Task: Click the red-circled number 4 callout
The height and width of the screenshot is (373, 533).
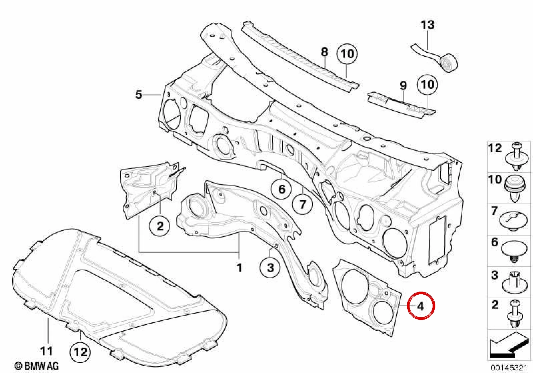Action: [421, 306]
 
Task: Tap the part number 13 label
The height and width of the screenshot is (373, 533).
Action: [427, 25]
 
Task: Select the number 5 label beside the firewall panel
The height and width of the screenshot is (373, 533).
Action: [139, 95]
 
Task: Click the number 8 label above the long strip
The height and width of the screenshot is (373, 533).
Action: [324, 52]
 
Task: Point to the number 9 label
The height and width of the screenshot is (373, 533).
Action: [403, 86]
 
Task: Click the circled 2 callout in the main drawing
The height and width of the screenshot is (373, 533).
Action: [160, 226]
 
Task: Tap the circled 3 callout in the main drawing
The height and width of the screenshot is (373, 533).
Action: [271, 268]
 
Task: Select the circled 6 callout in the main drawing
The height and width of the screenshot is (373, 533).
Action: [282, 190]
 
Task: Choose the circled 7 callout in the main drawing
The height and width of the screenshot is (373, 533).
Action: [303, 204]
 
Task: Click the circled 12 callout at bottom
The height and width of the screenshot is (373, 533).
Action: [80, 352]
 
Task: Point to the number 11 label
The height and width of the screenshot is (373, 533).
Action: [46, 351]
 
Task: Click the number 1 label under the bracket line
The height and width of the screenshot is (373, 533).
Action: [239, 268]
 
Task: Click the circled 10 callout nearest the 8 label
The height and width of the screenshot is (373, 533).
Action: [347, 54]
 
